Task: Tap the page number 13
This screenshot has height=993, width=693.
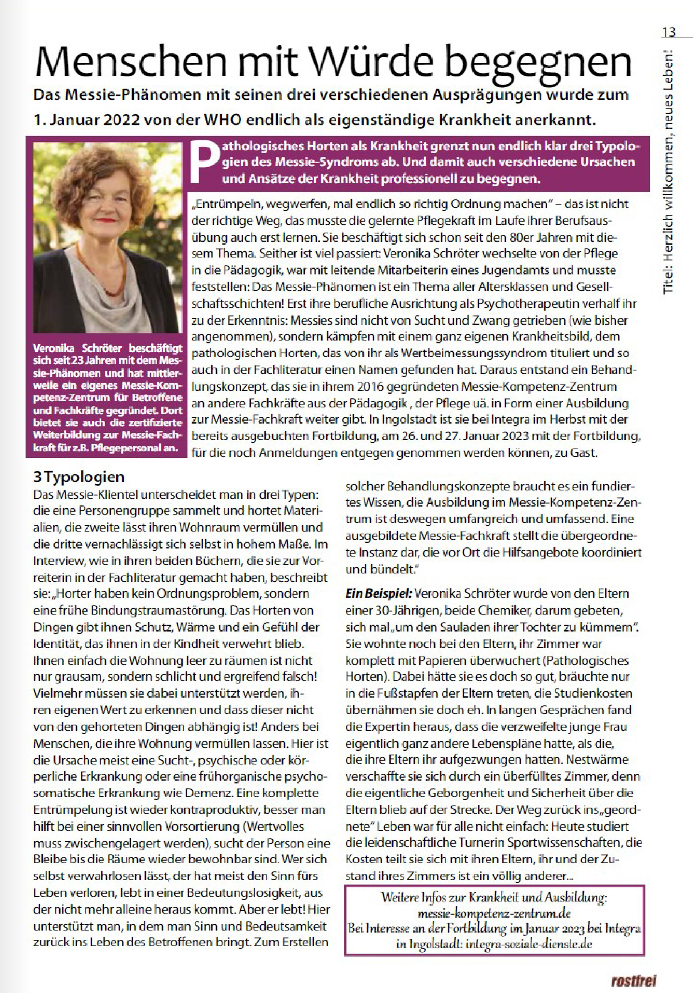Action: point(668,32)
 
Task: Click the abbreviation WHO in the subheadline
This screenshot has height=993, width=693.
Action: point(222,119)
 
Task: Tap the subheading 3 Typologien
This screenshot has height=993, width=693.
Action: point(79,477)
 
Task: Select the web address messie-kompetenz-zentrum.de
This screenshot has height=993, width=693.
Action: point(494,913)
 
